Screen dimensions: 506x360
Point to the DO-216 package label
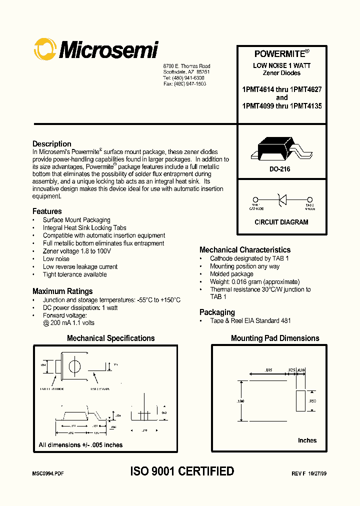280,169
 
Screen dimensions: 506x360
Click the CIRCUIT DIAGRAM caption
281,222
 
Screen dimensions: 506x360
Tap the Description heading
52,144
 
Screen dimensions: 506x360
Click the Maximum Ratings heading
62,291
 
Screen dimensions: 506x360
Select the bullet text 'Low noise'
56,259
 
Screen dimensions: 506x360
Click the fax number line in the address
183,84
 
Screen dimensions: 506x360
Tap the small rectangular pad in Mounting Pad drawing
300,401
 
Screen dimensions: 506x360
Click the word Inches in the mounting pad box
307,440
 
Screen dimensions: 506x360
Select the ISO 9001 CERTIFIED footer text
182,471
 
